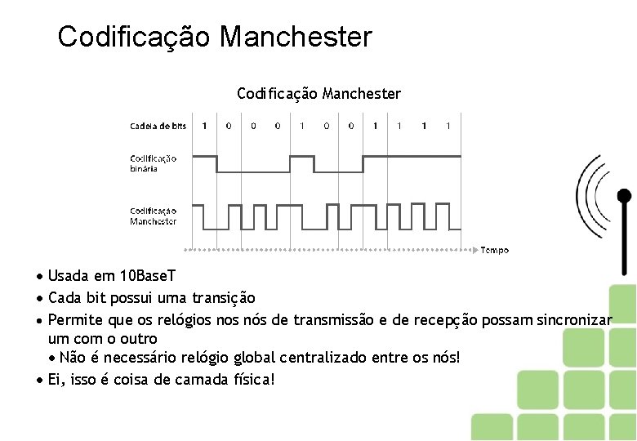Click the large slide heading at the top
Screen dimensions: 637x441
tap(215, 37)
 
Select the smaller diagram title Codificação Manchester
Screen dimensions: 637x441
tap(318, 94)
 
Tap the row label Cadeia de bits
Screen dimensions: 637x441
tap(158, 126)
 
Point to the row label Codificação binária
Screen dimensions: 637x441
tap(153, 163)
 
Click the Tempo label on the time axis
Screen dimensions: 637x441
tap(494, 250)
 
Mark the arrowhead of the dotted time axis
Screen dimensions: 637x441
tap(476, 249)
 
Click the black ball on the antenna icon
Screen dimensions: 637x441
tap(624, 196)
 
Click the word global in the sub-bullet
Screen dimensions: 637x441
tap(253, 358)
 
